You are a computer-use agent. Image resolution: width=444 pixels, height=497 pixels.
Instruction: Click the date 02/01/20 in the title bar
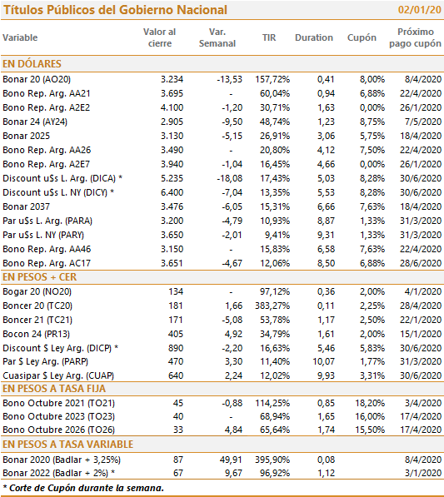click(x=419, y=10)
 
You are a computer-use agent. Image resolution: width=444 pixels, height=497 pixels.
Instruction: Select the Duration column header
click(x=314, y=37)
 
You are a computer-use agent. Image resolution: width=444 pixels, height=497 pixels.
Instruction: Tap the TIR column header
click(x=269, y=37)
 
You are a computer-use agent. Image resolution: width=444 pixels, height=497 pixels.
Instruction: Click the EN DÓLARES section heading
click(x=32, y=64)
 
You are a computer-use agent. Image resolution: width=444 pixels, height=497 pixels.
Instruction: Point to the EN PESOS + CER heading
click(x=39, y=277)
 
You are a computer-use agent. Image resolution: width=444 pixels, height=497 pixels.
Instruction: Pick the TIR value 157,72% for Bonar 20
click(x=272, y=79)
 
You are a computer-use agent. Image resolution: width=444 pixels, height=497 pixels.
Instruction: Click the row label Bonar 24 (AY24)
click(x=35, y=122)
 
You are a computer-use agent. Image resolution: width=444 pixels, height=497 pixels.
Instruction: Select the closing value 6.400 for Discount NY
click(x=172, y=192)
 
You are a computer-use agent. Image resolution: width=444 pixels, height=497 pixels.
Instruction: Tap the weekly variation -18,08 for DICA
click(x=230, y=178)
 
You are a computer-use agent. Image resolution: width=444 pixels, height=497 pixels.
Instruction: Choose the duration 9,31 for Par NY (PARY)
click(x=326, y=235)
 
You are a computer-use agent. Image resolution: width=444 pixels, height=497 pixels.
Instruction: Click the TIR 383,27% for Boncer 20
click(x=272, y=306)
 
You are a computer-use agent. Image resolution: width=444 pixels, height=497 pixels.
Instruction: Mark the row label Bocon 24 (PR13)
click(x=36, y=334)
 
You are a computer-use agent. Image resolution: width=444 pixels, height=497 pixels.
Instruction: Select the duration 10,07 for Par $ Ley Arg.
click(x=324, y=361)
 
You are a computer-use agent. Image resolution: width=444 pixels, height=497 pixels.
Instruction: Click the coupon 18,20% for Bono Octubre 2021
click(x=370, y=403)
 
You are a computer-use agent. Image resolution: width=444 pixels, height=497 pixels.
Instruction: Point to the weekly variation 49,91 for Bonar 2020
click(x=231, y=460)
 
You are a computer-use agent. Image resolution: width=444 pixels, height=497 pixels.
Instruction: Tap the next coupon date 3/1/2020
click(x=423, y=473)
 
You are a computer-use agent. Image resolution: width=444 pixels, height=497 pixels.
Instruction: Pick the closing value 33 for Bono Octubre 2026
click(x=178, y=430)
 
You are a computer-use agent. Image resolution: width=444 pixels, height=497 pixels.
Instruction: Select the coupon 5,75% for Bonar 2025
click(x=372, y=136)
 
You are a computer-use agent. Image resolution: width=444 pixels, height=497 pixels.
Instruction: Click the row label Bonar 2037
click(x=27, y=206)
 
